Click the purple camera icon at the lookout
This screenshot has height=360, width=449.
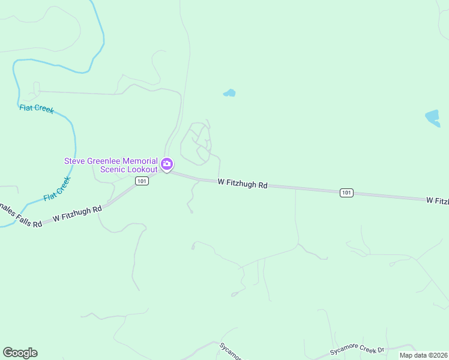click(167, 164)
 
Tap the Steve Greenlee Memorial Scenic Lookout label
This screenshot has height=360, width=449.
click(111, 165)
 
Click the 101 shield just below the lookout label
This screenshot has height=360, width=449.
click(142, 181)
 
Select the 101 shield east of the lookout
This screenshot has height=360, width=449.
click(346, 193)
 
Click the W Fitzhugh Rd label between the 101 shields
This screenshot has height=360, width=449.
click(243, 184)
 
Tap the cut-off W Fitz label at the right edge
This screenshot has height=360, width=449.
click(437, 200)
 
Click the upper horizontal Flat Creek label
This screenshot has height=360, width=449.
click(37, 109)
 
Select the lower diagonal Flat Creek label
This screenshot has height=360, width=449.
click(58, 188)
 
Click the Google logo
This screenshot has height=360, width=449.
click(20, 353)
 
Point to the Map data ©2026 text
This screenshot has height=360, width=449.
click(423, 355)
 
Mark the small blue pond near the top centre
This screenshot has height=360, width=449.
click(229, 93)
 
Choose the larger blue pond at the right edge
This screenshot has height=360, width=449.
click(433, 118)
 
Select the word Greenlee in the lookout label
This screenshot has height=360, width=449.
click(104, 161)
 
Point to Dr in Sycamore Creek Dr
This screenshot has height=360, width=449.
click(380, 349)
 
